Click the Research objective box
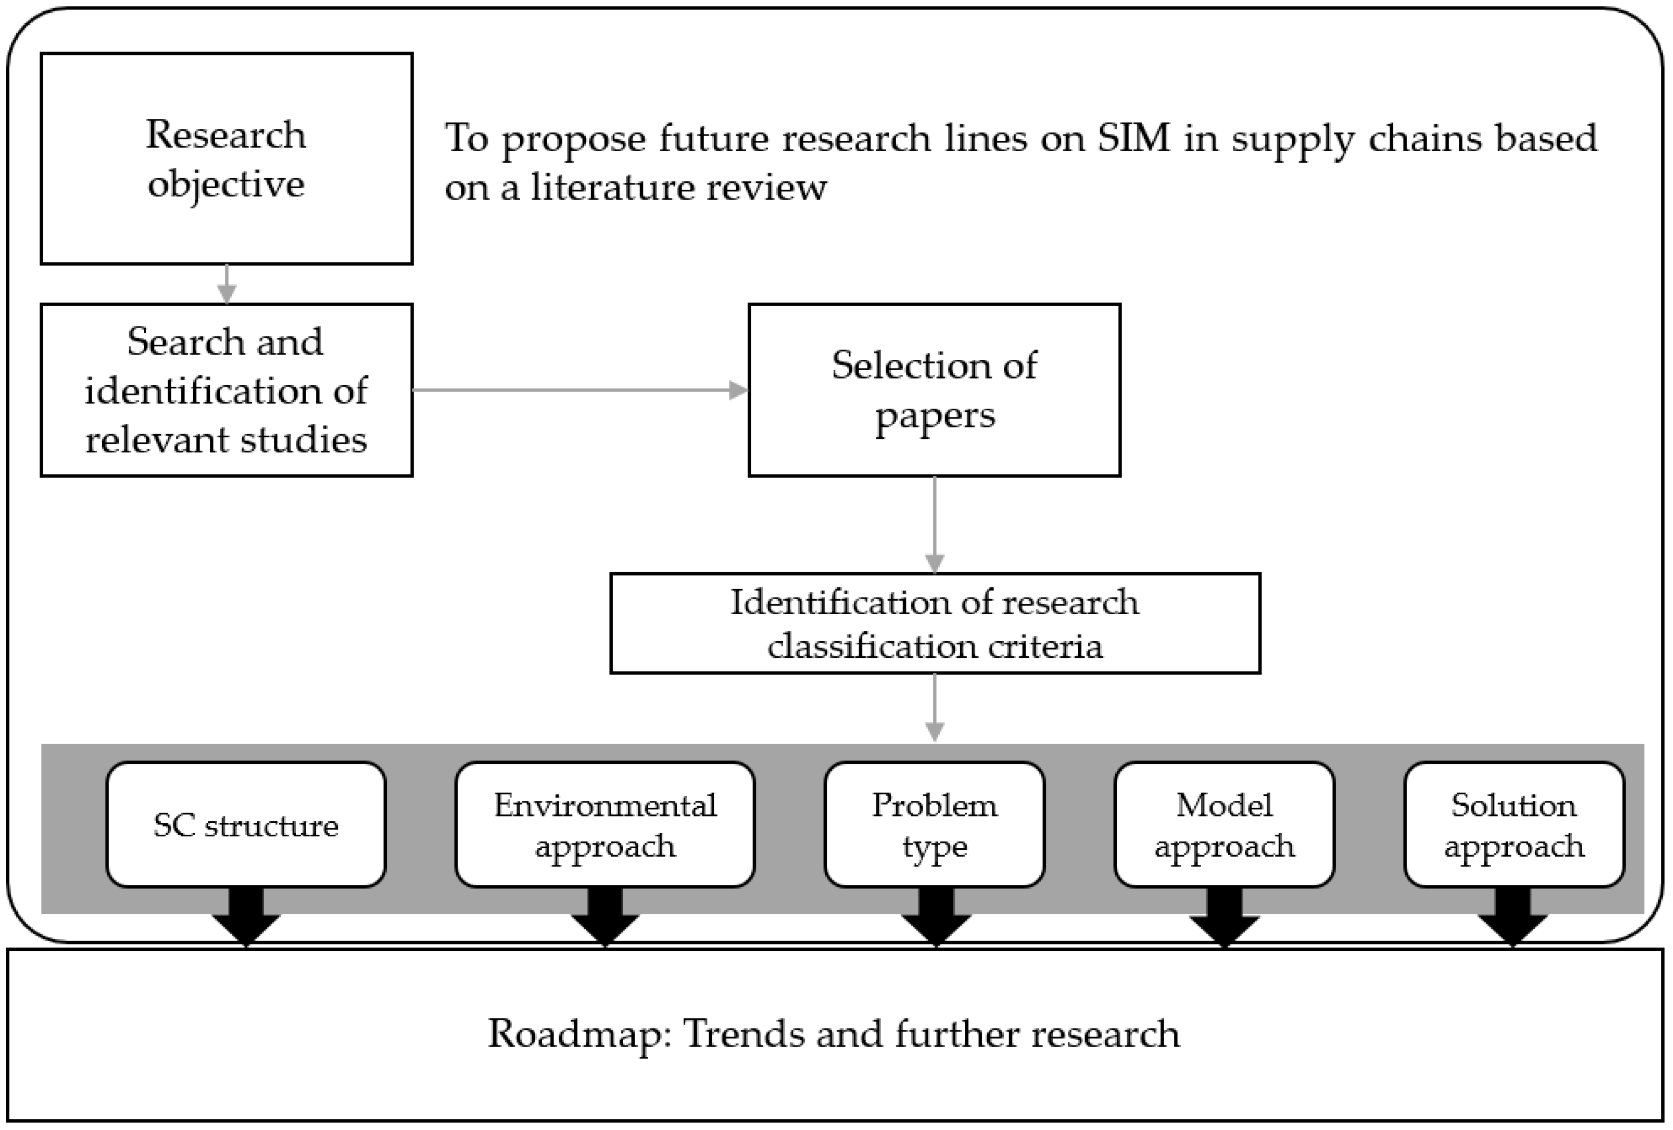[x=226, y=158]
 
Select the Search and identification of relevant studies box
[x=226, y=389]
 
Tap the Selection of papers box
[x=934, y=389]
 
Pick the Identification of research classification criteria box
[x=934, y=623]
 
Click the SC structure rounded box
[x=245, y=824]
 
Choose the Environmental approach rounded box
[x=605, y=824]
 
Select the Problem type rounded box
[x=934, y=824]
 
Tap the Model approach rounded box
[x=1224, y=824]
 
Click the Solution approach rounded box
[x=1513, y=824]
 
